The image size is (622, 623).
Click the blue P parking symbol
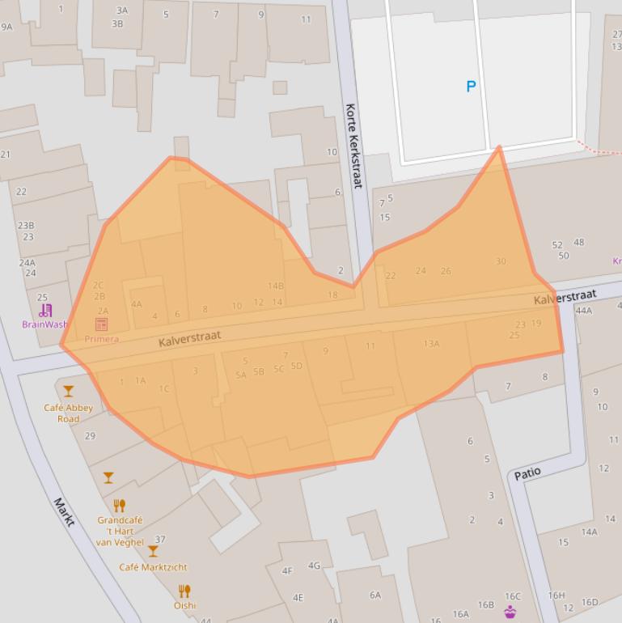click(471, 87)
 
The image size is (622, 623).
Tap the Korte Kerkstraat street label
click(353, 146)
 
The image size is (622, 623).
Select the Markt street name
click(65, 511)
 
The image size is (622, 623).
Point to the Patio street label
click(527, 473)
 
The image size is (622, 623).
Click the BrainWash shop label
click(44, 324)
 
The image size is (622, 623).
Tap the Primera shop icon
click(101, 324)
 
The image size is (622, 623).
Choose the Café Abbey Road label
click(68, 413)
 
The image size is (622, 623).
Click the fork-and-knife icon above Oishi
click(184, 591)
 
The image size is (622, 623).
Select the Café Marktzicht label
click(153, 567)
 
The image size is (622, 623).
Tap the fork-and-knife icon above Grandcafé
click(119, 506)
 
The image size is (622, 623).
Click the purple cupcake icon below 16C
click(510, 612)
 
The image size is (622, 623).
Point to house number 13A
click(431, 344)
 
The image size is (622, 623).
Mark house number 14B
click(276, 286)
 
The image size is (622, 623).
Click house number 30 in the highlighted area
click(501, 261)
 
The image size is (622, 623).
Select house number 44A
click(583, 311)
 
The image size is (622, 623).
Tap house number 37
click(160, 540)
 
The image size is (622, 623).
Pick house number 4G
click(314, 566)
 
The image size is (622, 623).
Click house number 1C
click(164, 389)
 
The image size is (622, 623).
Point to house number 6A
click(375, 595)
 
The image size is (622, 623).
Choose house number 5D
click(296, 366)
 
